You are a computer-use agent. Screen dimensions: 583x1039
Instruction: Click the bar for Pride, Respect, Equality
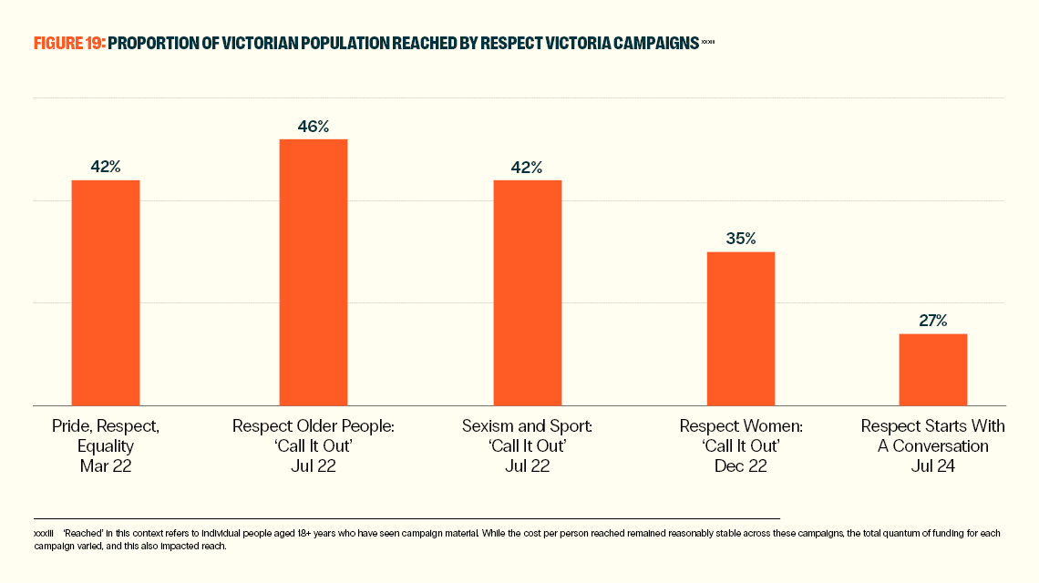click(106, 292)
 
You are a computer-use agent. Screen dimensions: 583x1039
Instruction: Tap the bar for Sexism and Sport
click(528, 292)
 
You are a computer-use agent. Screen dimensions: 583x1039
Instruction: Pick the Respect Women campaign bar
click(741, 328)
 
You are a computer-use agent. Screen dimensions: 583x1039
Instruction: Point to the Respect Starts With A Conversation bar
click(932, 369)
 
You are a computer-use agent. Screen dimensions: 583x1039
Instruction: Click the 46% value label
click(314, 127)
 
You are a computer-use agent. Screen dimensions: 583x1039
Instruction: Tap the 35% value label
click(741, 239)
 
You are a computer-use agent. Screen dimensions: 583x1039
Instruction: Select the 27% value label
click(932, 321)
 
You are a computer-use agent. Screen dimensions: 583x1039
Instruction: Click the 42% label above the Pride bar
click(106, 167)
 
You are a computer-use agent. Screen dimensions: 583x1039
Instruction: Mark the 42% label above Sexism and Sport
click(528, 167)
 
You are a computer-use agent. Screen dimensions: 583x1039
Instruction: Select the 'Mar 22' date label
click(106, 465)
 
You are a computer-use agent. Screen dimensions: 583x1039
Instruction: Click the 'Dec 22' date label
click(741, 465)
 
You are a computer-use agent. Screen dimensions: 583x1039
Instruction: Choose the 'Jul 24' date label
click(932, 465)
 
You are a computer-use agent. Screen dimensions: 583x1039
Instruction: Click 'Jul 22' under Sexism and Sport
click(528, 465)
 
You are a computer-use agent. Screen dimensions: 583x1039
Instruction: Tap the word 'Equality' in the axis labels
click(106, 446)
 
